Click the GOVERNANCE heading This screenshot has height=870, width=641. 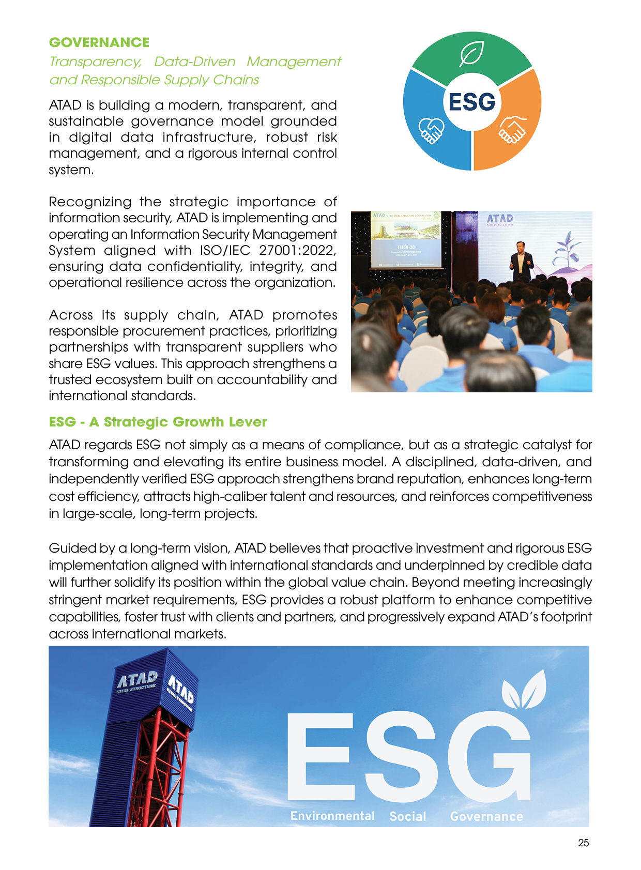99,42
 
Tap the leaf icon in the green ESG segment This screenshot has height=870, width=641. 471,53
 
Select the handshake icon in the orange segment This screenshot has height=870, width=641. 512,129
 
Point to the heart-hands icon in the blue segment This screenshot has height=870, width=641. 431,130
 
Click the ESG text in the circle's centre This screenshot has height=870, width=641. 471,102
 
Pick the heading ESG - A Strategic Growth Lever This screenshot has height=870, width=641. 158,422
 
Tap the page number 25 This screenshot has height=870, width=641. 583,843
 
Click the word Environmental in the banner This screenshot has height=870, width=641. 332,816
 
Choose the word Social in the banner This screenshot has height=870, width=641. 408,816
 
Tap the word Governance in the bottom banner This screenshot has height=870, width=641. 486,816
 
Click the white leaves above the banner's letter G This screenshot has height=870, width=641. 525,690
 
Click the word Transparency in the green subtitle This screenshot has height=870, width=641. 95,62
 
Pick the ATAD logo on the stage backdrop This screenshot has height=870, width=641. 500,219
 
